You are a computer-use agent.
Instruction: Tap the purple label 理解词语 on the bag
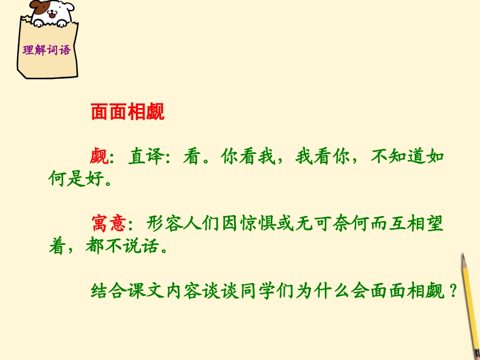[46, 50]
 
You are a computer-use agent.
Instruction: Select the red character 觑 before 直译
[100, 157]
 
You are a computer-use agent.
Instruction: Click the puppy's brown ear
[37, 7]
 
